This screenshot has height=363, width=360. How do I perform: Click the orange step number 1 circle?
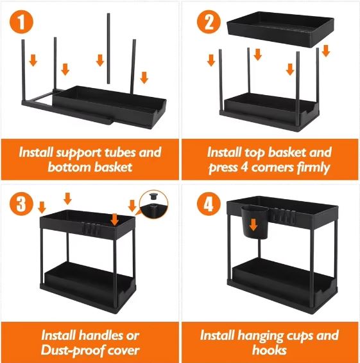point(21,22)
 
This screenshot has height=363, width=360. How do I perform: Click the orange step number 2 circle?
point(209,22)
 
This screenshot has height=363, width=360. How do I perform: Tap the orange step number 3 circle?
point(21,204)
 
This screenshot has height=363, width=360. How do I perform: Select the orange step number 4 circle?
point(209,204)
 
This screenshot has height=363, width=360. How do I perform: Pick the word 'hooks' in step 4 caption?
point(270,350)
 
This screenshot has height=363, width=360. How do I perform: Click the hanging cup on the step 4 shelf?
point(255,222)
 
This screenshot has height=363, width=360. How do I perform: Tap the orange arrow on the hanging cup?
point(253,225)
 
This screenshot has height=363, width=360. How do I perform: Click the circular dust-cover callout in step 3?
point(153,204)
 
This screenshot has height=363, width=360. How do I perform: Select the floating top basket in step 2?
point(280,30)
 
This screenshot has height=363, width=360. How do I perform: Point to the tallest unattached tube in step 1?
point(108,49)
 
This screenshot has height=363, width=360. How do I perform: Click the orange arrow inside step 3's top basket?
point(114,220)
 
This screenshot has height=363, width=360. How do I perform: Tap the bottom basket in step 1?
point(109,106)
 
